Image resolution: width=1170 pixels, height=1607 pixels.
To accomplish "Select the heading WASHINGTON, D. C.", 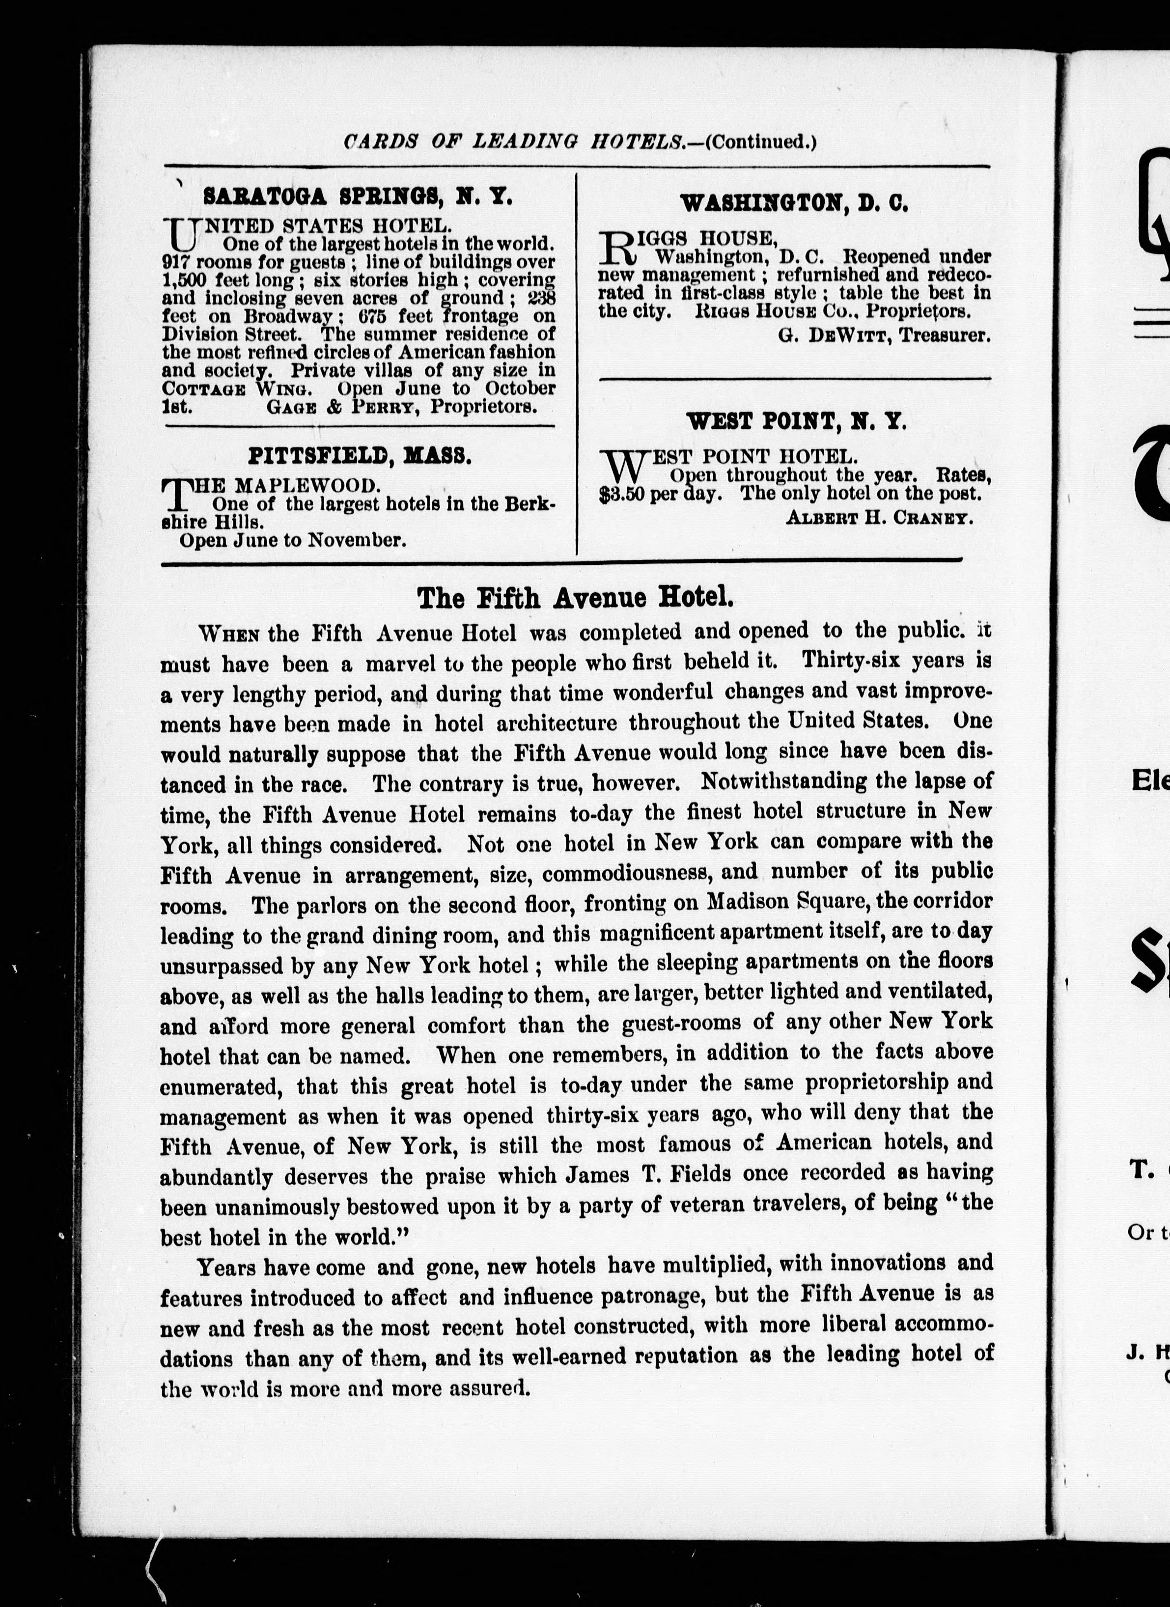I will coord(794,204).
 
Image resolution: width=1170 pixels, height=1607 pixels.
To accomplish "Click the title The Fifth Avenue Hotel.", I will coord(575,598).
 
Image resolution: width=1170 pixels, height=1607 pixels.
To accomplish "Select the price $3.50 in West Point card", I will coord(621,494).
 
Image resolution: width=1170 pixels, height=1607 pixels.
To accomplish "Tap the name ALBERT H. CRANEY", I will coord(879,518).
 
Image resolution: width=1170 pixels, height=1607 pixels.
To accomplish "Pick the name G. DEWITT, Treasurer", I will coord(884,335).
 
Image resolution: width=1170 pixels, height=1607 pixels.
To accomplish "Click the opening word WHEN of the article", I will coord(228,633).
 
